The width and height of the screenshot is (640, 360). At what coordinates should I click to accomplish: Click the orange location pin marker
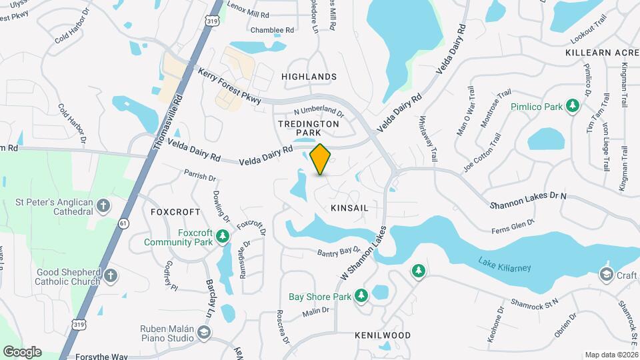click(x=321, y=159)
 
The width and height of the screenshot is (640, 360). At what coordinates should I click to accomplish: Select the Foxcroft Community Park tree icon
click(x=223, y=237)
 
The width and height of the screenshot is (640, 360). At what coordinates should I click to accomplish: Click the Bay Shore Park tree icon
click(x=361, y=295)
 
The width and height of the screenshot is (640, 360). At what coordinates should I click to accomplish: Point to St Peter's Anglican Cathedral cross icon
click(x=103, y=205)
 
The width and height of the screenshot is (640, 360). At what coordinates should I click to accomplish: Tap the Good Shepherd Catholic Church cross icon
click(x=111, y=275)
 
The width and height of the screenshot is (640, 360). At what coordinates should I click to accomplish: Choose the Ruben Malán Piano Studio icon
click(x=205, y=332)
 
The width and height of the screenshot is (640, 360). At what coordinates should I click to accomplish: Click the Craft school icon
click(x=606, y=275)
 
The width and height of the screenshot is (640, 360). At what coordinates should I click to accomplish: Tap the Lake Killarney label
click(x=505, y=267)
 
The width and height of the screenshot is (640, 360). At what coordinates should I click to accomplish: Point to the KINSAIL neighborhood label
click(x=349, y=209)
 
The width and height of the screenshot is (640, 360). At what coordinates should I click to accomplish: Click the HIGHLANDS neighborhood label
click(x=309, y=77)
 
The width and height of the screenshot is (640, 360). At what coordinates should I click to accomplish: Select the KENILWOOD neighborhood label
click(x=383, y=335)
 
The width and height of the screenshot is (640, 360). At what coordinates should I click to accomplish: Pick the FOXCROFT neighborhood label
click(x=175, y=211)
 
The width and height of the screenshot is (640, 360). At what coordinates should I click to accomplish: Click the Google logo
click(x=22, y=351)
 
